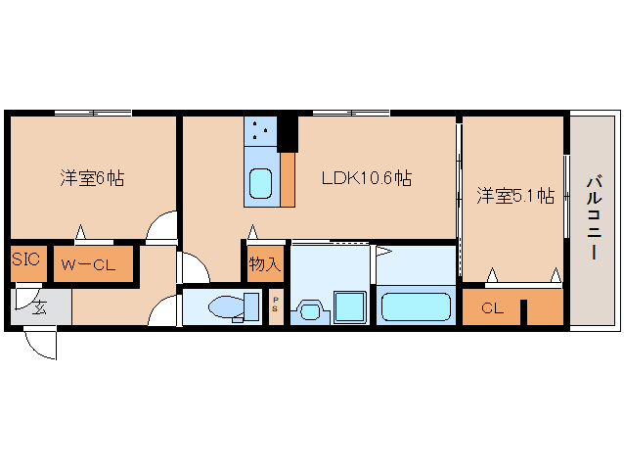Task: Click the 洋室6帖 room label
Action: tap(91, 178)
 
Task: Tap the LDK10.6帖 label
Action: tap(367, 178)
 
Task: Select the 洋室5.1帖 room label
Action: tap(515, 196)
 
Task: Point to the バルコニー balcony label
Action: tap(594, 217)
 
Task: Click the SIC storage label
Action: tap(25, 259)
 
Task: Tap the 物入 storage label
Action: tap(264, 263)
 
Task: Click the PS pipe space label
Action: tap(276, 305)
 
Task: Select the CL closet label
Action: tap(492, 308)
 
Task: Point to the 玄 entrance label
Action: tap(40, 307)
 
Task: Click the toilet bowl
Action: tap(226, 307)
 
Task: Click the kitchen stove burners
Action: tap(259, 130)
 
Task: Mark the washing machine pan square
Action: tap(349, 306)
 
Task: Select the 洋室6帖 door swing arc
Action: tap(161, 229)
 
